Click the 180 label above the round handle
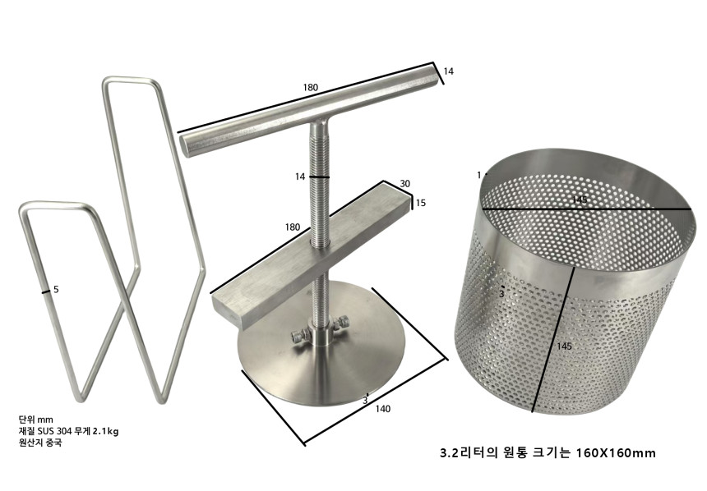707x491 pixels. pyautogui.click(x=310, y=87)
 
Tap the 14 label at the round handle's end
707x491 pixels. pyautogui.click(x=448, y=72)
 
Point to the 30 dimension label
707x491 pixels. pyautogui.click(x=404, y=184)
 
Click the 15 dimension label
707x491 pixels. pyautogui.click(x=419, y=203)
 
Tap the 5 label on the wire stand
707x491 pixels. pyautogui.click(x=56, y=289)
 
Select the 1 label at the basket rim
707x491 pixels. pyautogui.click(x=478, y=175)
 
